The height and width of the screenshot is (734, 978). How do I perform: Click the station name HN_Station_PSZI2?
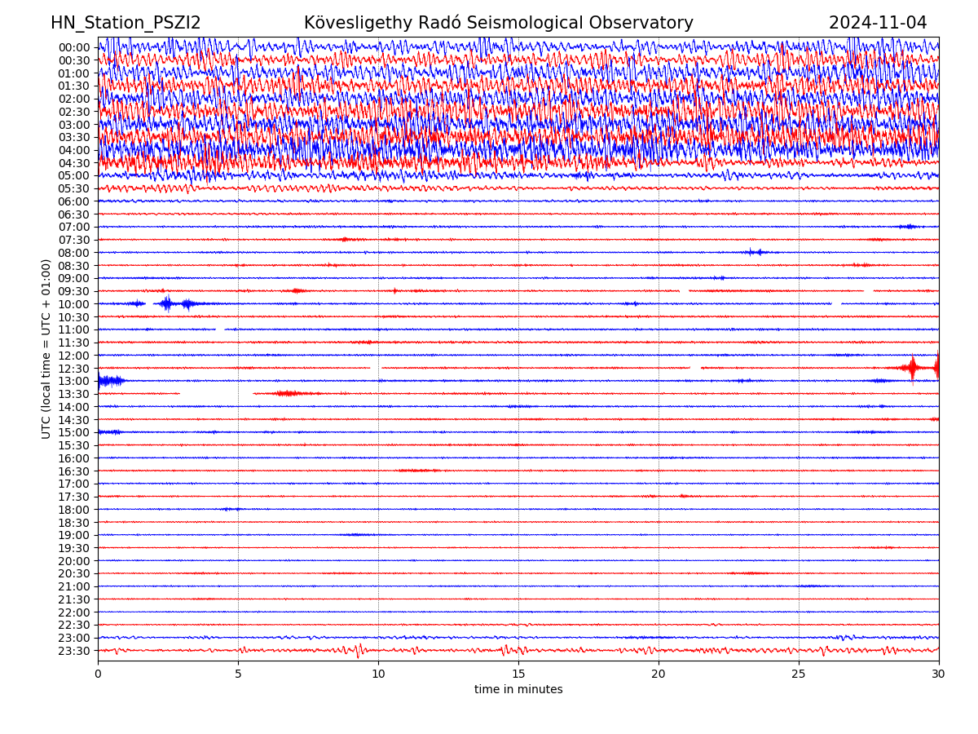tap(126, 24)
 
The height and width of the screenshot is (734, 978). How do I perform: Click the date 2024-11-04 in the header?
tap(878, 24)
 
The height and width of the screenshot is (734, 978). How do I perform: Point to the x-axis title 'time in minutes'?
tap(518, 690)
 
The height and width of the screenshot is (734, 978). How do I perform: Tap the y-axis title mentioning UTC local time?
tap(46, 348)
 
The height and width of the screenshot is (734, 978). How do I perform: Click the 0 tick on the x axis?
tap(98, 674)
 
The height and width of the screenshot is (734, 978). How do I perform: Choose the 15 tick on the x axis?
tap(518, 674)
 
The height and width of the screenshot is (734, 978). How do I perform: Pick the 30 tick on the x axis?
tap(939, 674)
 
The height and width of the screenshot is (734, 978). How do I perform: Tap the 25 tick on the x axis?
tap(799, 674)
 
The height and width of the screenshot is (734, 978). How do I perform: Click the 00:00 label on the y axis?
tap(73, 47)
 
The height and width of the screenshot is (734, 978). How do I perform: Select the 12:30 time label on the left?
tap(73, 369)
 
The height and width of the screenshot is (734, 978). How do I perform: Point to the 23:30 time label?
tap(73, 651)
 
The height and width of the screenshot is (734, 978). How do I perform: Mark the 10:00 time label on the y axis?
tap(73, 304)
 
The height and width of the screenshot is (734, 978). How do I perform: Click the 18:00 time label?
tap(73, 510)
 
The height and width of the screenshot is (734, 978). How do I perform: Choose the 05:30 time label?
tap(73, 188)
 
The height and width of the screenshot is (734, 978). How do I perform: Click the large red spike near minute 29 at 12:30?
tap(913, 368)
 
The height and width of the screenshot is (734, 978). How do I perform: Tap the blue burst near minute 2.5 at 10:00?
tap(167, 303)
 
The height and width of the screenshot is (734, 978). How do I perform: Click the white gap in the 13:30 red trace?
tap(216, 394)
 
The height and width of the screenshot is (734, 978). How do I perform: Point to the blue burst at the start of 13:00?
tap(109, 381)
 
